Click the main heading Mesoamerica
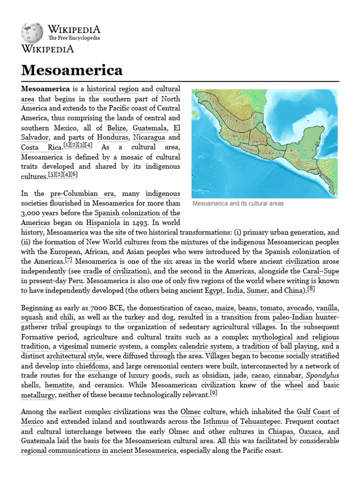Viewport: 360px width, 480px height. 72,70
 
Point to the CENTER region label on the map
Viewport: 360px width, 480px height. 258,141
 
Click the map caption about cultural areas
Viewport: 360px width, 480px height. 238,204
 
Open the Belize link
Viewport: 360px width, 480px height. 117,128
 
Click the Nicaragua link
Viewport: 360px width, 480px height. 150,137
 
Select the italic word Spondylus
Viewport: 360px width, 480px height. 322,375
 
